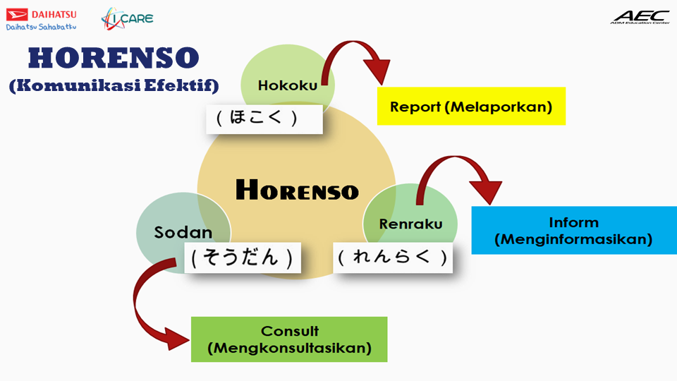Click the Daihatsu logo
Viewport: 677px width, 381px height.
41,14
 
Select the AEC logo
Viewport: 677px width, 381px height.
640,15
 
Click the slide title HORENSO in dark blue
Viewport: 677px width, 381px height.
114,58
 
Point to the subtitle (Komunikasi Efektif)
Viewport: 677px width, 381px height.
114,85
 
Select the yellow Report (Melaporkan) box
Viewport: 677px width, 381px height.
471,107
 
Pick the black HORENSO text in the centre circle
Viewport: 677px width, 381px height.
297,190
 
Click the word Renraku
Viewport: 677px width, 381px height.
410,224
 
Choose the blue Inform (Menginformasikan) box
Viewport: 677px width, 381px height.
574,231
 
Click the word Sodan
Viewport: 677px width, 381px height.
183,233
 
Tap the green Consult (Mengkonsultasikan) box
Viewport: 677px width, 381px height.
289,339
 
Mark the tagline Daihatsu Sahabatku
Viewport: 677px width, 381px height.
41,27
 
